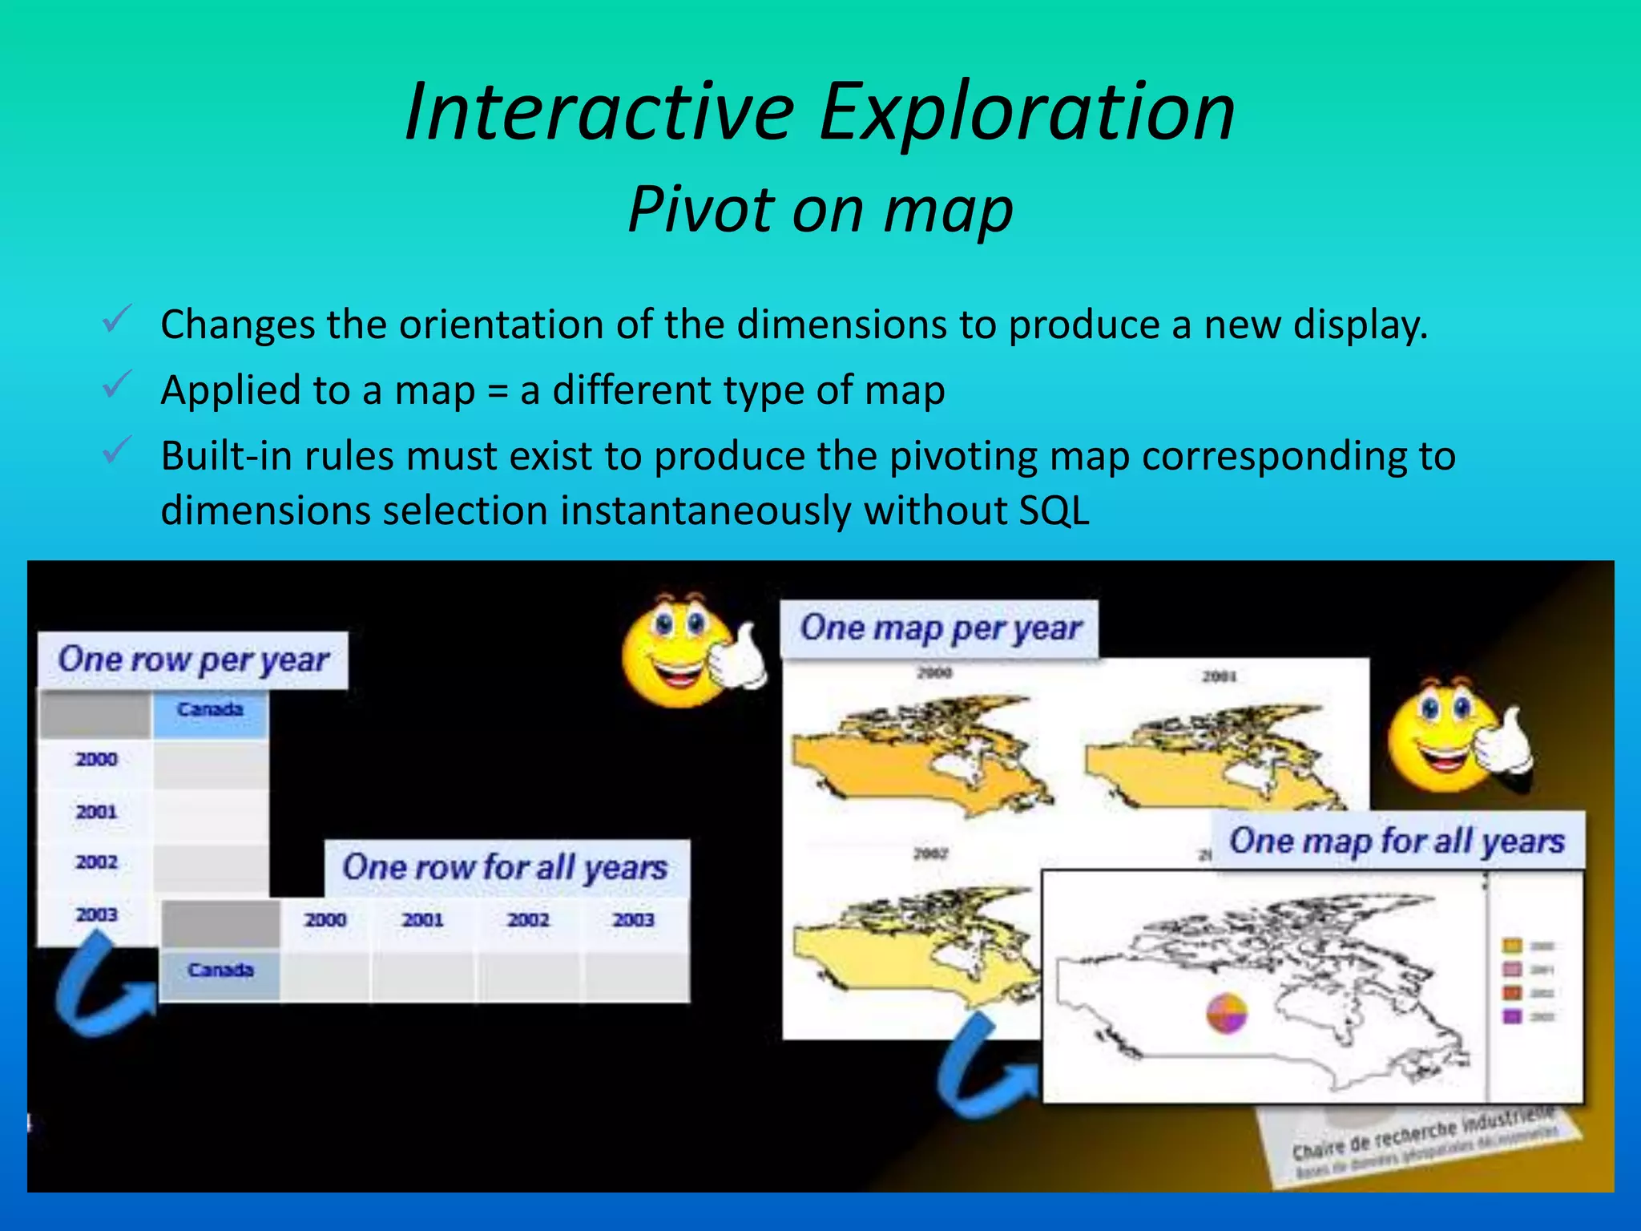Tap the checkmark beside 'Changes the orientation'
point(117,321)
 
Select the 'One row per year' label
point(193,660)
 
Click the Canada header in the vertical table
point(210,710)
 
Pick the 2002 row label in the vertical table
point(96,863)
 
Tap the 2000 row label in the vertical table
point(96,759)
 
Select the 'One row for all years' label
point(505,868)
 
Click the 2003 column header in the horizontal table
point(633,920)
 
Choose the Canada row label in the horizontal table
point(220,971)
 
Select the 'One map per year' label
point(940,629)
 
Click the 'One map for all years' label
point(1397,842)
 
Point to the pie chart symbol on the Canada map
point(1227,1013)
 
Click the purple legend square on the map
point(1511,1016)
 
